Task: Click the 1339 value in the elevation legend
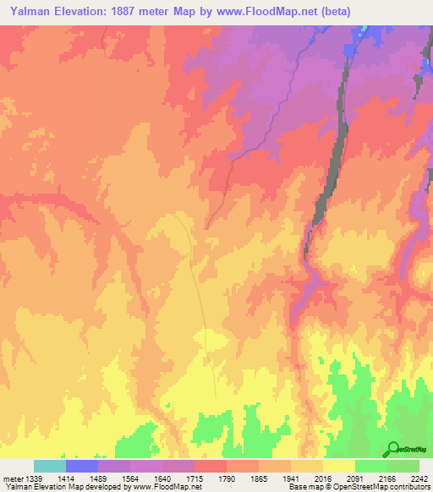(35, 478)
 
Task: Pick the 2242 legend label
(419, 478)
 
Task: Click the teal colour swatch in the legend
(50, 466)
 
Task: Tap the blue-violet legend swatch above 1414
(82, 466)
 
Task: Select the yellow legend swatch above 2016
(339, 466)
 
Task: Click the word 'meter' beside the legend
(13, 478)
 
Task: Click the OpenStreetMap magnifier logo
(392, 449)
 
